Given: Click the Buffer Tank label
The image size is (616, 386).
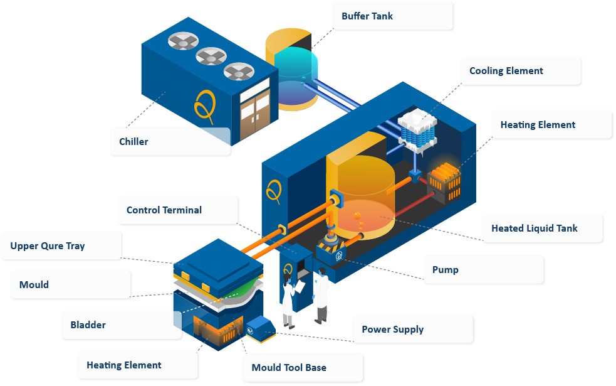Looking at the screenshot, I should click(x=367, y=16).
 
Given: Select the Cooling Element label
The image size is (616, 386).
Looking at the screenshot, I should click(x=506, y=71).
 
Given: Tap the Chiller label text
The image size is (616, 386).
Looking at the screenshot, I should click(x=133, y=142).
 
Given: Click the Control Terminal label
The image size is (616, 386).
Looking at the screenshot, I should click(x=164, y=210).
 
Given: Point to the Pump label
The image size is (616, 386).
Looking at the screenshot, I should click(x=445, y=270).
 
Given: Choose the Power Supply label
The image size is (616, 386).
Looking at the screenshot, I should click(x=392, y=330).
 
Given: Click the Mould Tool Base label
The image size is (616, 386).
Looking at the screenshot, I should click(x=288, y=367).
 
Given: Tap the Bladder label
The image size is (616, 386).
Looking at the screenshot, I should click(x=88, y=325).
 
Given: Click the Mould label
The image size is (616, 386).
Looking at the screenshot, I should click(x=34, y=285).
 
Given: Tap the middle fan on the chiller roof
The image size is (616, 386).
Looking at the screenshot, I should click(x=211, y=57).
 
